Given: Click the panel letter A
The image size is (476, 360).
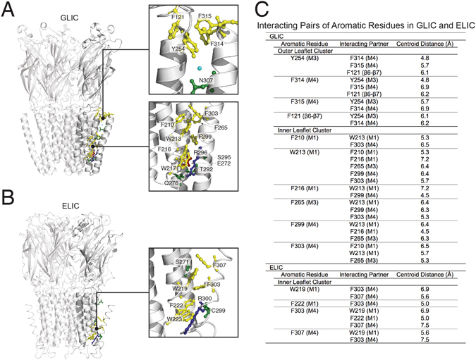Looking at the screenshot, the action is click(8, 11).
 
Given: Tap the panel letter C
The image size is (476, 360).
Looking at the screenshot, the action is click(261, 9).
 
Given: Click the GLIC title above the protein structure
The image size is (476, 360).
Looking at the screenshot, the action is click(69, 18).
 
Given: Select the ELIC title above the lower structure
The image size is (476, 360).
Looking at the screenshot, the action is click(71, 206).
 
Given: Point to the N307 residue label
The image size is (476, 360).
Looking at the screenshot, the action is click(206, 80).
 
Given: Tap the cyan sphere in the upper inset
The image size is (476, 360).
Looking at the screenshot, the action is click(199, 68).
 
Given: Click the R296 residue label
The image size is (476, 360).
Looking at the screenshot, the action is click(201, 153).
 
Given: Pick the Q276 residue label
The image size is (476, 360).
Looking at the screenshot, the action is click(171, 183).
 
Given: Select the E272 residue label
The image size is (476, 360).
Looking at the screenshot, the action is click(224, 163).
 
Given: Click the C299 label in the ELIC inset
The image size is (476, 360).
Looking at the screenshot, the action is click(218, 311).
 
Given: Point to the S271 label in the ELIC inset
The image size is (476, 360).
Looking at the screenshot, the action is click(182, 262).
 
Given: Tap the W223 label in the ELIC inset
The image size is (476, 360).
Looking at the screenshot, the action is click(174, 319).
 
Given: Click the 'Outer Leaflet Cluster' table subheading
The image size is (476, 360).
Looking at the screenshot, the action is click(305, 51).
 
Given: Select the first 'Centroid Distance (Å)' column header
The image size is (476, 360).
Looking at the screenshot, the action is click(425, 44).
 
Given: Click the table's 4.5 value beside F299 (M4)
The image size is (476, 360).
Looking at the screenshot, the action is click(425, 195).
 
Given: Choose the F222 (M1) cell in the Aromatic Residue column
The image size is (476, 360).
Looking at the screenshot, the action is click(305, 304).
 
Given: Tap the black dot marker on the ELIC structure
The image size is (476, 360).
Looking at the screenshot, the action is click(97, 328).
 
